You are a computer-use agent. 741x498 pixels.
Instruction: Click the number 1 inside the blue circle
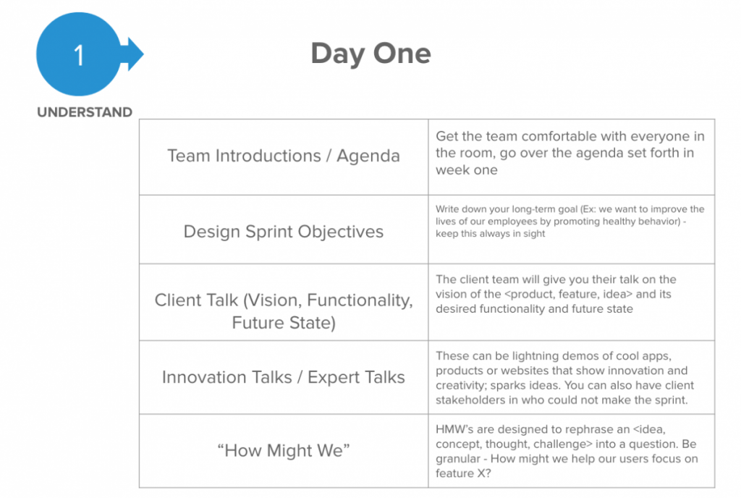click(x=79, y=55)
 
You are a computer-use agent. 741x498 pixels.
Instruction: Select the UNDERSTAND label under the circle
click(x=85, y=112)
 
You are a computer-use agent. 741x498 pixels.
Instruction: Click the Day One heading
click(x=371, y=54)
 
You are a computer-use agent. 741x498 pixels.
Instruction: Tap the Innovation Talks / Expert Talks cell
click(x=284, y=377)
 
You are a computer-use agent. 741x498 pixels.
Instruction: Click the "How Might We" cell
click(x=284, y=450)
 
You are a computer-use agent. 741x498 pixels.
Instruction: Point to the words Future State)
click(x=284, y=323)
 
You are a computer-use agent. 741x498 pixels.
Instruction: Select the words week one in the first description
click(x=467, y=169)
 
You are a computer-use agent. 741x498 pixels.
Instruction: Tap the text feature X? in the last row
click(x=463, y=473)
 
